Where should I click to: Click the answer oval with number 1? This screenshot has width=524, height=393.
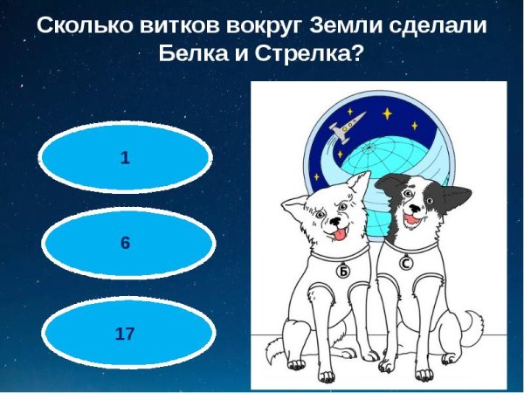125,158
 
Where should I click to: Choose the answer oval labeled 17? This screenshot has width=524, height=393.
125,333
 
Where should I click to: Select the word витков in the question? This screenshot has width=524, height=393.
178,25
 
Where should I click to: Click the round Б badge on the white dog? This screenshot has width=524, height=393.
343,272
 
